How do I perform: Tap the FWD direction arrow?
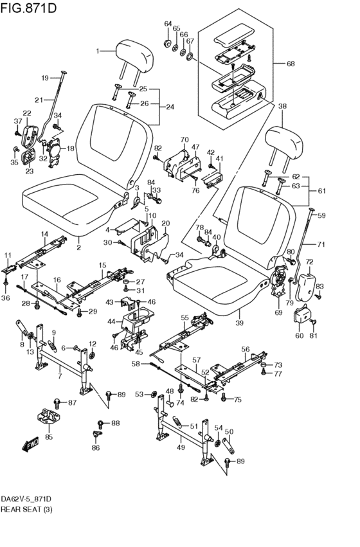tap(30, 444)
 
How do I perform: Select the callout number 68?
tap(291, 64)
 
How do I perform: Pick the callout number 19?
tap(46, 78)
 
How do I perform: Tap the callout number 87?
tap(72, 402)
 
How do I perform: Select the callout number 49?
tap(181, 447)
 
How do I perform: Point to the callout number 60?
tap(299, 336)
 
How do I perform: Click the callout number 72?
tap(309, 262)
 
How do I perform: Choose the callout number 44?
tap(111, 321)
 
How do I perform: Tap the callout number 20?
tap(165, 224)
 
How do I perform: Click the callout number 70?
tap(184, 139)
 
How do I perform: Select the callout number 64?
tap(168, 24)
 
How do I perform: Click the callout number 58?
tap(136, 364)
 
